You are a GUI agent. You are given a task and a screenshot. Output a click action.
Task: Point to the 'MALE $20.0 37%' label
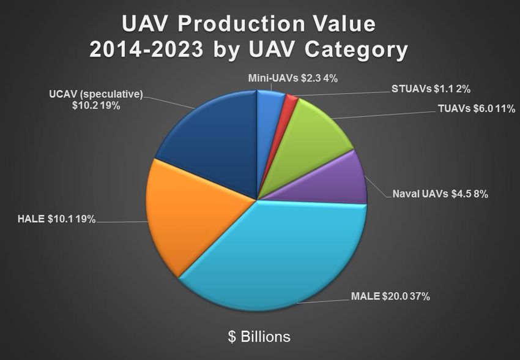click(x=390, y=297)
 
